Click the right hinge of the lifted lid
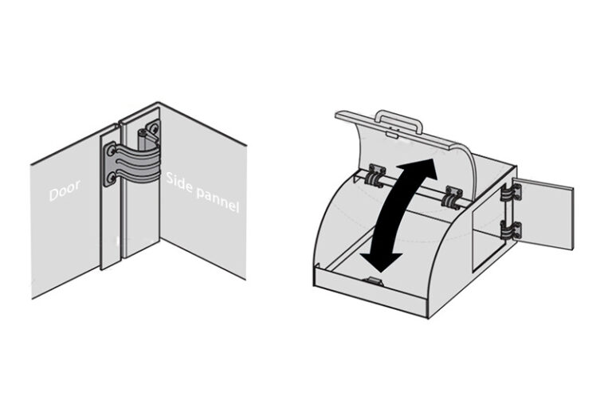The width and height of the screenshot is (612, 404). point(454,194)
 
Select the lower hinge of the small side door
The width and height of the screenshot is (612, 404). point(511,230)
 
